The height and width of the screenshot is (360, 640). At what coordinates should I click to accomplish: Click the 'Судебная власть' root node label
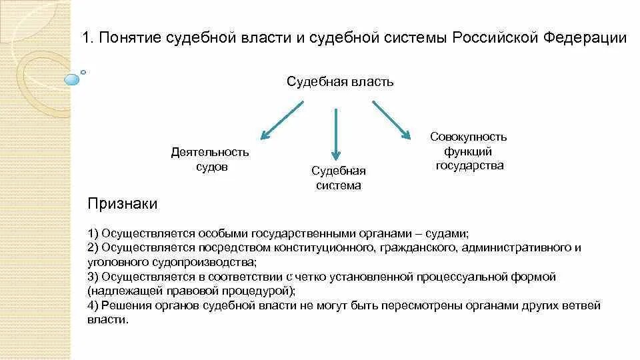click(x=340, y=82)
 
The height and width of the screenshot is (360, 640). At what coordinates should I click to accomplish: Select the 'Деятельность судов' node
click(x=210, y=159)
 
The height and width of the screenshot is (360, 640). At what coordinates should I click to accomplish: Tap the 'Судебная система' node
click(x=339, y=178)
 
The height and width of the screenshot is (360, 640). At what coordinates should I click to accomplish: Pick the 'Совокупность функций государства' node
click(x=469, y=151)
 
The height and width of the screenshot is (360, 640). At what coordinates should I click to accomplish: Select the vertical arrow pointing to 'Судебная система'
click(x=335, y=133)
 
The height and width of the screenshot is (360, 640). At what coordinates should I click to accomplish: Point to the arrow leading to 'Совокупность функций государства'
click(x=391, y=120)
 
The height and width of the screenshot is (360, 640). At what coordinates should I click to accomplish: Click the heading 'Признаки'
click(x=123, y=204)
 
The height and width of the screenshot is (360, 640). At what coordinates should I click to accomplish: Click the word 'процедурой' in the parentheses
click(x=259, y=291)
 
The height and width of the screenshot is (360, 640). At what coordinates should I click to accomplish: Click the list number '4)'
click(x=93, y=305)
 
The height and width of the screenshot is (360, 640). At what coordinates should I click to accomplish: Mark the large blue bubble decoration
click(x=71, y=79)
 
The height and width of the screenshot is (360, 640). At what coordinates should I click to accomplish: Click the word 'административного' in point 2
click(x=512, y=248)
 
